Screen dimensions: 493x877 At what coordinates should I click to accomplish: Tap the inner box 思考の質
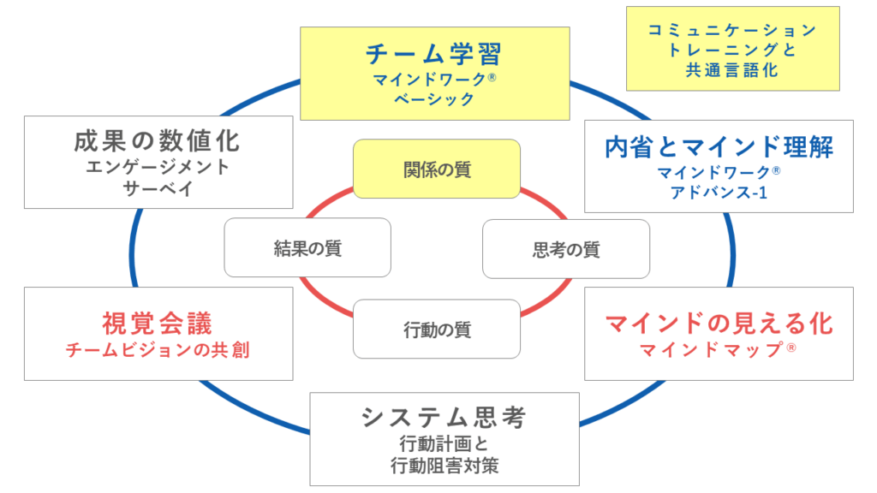pos(566,249)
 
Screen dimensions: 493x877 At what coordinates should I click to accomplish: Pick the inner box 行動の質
pos(437,329)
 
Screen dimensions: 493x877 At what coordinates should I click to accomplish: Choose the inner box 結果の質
pos(307,248)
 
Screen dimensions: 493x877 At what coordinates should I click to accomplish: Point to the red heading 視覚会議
pos(157,324)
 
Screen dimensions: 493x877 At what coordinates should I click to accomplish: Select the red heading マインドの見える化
pos(719,324)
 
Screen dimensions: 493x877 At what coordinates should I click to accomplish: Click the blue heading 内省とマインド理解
pos(719,147)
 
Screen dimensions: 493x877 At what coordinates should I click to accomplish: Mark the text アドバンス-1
pos(719,193)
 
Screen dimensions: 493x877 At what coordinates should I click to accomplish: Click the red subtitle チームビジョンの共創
pos(158,350)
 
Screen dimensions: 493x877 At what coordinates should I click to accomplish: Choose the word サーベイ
pos(158,188)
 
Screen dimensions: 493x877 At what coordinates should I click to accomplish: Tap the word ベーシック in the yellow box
pos(433,99)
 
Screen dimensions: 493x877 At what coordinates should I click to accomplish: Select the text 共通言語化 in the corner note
pos(731,71)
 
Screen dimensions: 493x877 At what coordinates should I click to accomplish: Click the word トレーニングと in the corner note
pos(731,50)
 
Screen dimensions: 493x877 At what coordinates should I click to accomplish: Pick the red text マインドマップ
pos(713,350)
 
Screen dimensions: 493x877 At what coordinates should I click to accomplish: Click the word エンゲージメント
pos(158,167)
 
